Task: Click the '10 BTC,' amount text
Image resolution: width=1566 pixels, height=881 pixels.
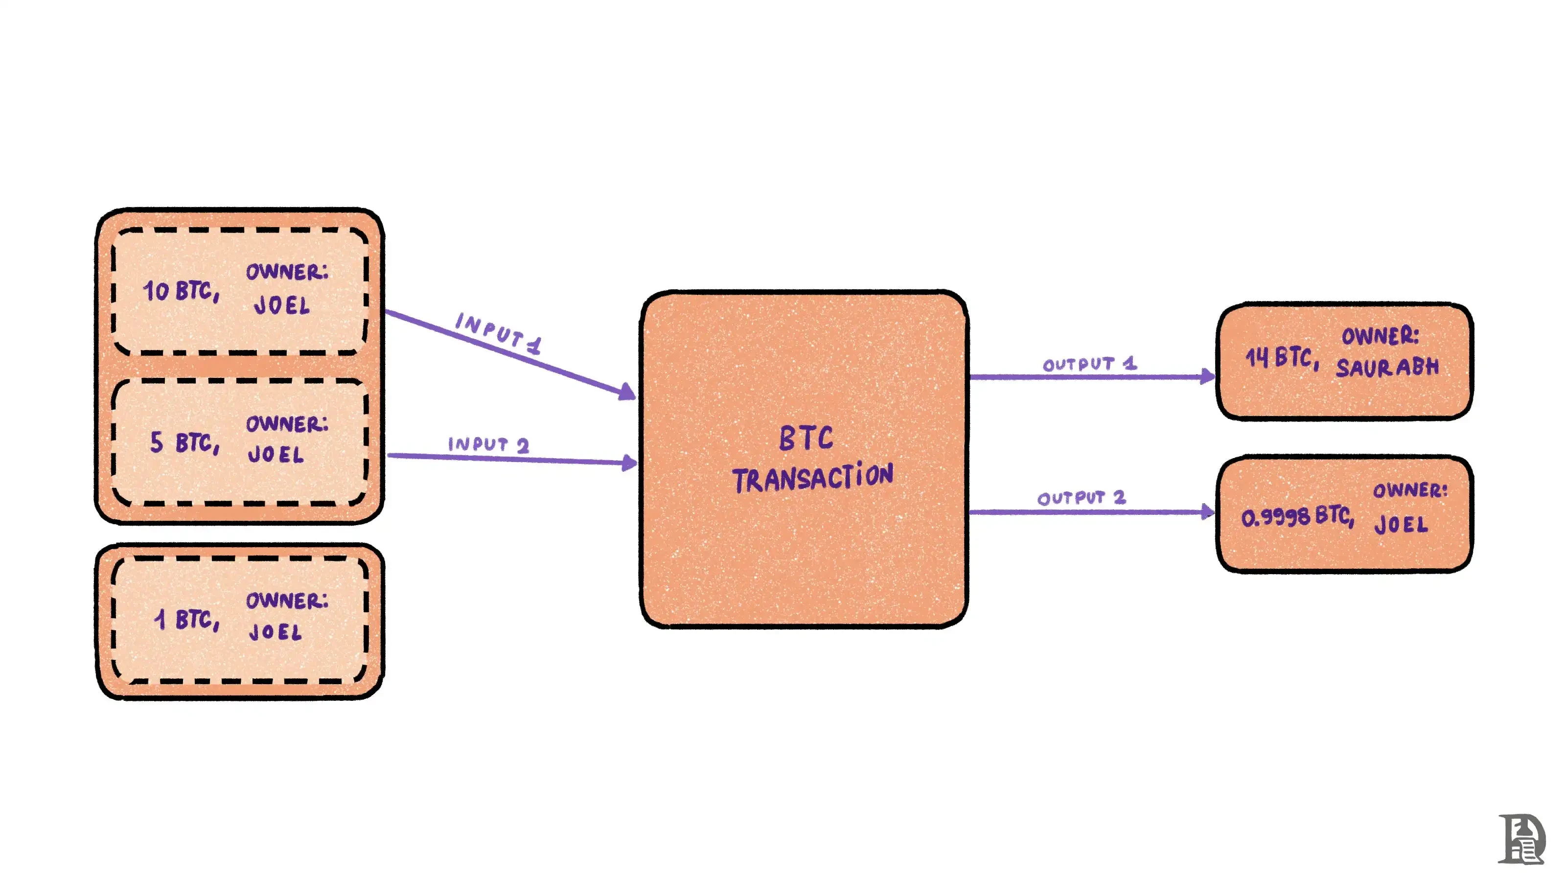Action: [181, 291]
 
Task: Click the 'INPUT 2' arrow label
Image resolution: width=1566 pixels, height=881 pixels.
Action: [488, 444]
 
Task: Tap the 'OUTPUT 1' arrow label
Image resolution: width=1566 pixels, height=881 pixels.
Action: [1089, 364]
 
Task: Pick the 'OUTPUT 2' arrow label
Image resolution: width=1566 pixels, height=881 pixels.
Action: [1081, 498]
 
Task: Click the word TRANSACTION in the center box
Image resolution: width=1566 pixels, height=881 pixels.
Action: [812, 477]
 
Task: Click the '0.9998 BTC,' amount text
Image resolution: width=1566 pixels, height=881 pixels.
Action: [1297, 517]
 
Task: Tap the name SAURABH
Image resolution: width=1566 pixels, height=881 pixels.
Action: [1387, 367]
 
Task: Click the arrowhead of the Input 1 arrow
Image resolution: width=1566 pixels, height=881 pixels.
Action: [627, 392]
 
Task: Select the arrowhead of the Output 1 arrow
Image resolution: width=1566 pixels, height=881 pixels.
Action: [1207, 376]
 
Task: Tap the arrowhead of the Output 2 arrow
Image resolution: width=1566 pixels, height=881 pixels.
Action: [1207, 511]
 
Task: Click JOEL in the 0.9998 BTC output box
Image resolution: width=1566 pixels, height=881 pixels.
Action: [1401, 524]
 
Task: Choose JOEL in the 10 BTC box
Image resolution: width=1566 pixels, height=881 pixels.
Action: [281, 305]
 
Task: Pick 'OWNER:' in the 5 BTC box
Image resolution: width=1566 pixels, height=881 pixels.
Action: [287, 424]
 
